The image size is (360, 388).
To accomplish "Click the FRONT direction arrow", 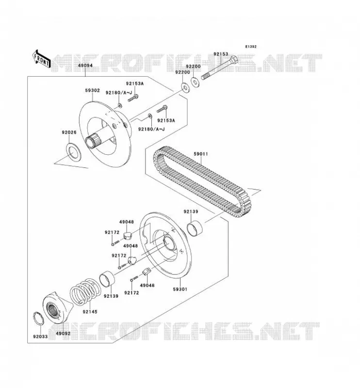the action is coord(42,59).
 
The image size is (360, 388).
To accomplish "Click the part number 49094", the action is coord(85,65).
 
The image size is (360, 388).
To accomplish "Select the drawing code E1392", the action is coord(250,47).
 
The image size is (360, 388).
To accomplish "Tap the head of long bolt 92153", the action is coord(234,60).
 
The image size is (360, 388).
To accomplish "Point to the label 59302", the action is coord(92,91).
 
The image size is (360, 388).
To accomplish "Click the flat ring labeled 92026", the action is coord(73,151).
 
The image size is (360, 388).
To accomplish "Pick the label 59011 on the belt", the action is coord(200,154).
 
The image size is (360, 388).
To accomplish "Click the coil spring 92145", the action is coord(85,291).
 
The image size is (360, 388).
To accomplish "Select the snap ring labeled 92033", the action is coord(38,319).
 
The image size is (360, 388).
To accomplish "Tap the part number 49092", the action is coord(63,333).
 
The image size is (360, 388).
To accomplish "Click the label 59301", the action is coord(180,289).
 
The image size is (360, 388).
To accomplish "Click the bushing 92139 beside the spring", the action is coord(107,279).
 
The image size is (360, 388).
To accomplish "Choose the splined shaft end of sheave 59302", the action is coord(91,141).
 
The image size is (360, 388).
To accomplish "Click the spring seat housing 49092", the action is coord(57,308).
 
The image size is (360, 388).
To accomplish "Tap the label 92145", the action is coord(90,312).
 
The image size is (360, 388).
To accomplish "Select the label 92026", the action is coord(69,132).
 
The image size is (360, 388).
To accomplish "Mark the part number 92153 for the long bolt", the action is coord(221,54).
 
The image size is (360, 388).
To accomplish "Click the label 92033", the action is coord(40,337).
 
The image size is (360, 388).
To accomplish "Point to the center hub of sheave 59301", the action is coord(169,243).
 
